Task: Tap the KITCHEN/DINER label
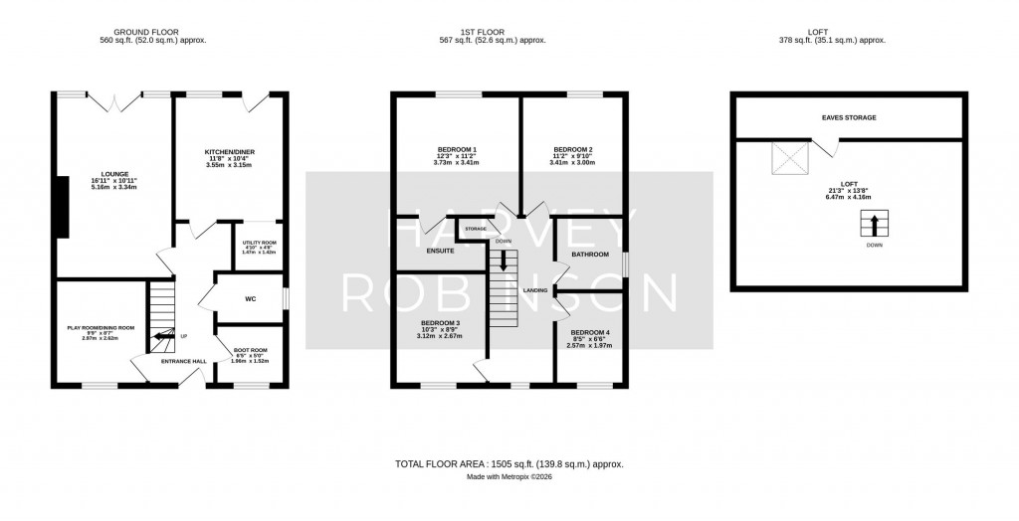click(x=230, y=152)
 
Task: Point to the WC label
click(x=251, y=297)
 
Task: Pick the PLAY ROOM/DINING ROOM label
click(x=100, y=327)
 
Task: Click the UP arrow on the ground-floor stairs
click(x=159, y=338)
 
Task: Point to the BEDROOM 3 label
click(x=439, y=323)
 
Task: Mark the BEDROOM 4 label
click(x=588, y=332)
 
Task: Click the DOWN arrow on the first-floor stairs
click(x=504, y=260)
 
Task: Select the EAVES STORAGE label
click(x=849, y=117)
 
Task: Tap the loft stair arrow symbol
click(x=875, y=224)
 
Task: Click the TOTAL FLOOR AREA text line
click(x=509, y=463)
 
